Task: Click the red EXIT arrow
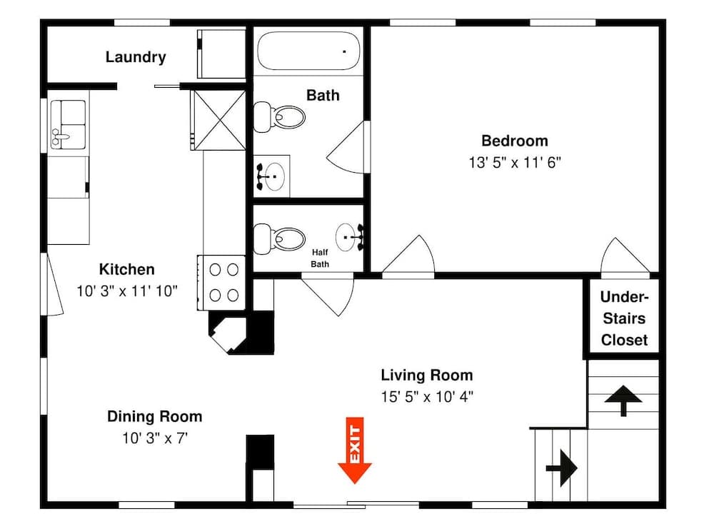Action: click(x=355, y=451)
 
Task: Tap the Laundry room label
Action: click(x=136, y=57)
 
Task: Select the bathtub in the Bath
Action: click(x=308, y=50)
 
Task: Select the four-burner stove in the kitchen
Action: click(x=223, y=282)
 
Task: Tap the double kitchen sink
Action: click(x=68, y=124)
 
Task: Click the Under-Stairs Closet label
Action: click(x=624, y=318)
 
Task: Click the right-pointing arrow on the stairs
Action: click(x=561, y=468)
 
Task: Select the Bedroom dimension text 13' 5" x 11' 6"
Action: click(x=514, y=162)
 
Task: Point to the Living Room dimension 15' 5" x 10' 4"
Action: click(x=426, y=397)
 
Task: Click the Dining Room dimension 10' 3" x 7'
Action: click(x=154, y=438)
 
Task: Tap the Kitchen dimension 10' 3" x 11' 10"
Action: click(x=126, y=291)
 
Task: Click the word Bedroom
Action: click(x=514, y=141)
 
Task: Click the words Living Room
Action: click(x=426, y=375)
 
